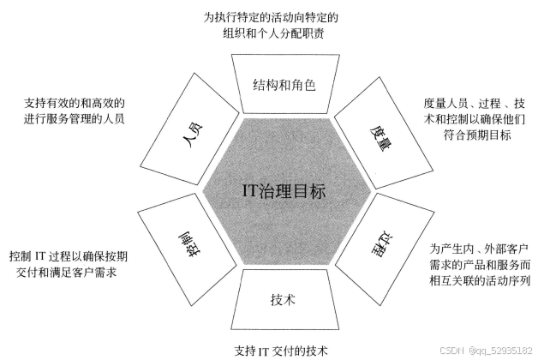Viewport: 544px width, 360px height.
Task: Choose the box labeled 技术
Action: [284, 300]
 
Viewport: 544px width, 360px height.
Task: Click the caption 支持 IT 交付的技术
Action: [280, 350]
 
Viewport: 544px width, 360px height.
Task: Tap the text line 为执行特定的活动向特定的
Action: [272, 16]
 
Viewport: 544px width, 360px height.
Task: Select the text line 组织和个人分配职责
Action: [272, 33]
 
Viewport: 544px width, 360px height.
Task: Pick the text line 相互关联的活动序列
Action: [480, 281]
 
